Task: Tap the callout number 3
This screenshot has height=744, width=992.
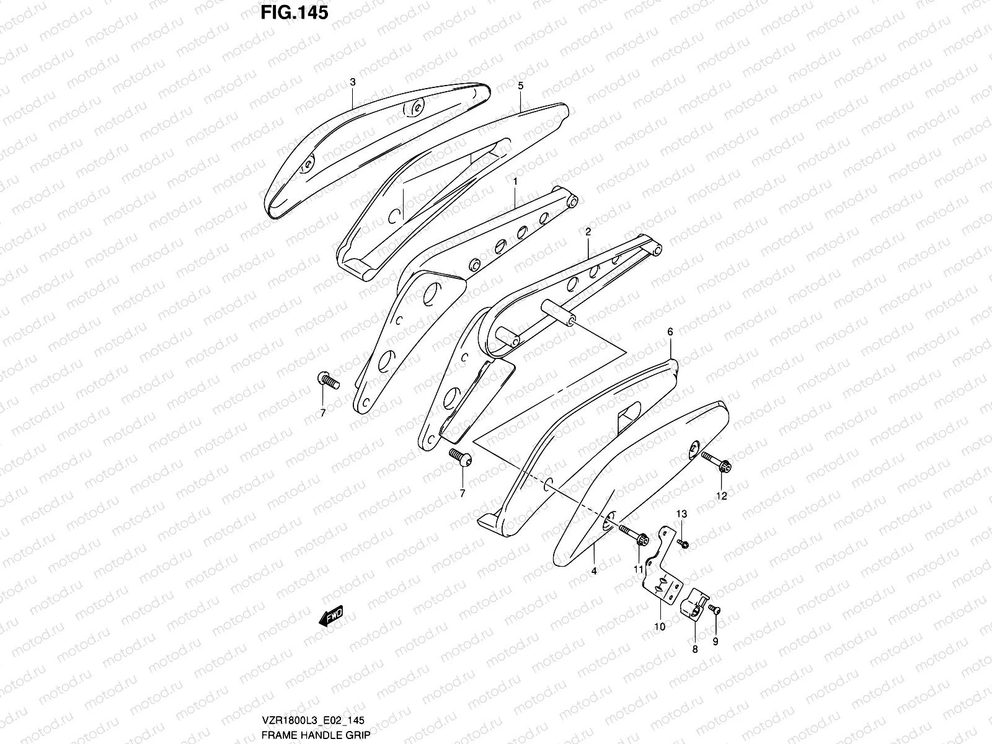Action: tap(352, 82)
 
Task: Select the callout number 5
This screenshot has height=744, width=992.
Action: tap(521, 86)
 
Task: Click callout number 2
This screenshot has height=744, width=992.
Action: tap(588, 231)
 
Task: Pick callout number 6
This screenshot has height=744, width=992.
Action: tap(670, 332)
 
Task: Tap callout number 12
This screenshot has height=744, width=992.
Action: tap(722, 495)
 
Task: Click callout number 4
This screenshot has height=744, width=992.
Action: tap(593, 571)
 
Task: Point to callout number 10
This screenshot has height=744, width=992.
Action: tap(660, 627)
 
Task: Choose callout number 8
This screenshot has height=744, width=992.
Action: tap(694, 649)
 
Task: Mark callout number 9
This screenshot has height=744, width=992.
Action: tap(715, 642)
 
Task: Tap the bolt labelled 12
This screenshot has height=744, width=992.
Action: tap(717, 460)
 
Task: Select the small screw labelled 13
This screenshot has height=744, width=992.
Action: tap(683, 544)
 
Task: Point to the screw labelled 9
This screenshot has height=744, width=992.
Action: tap(715, 610)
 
